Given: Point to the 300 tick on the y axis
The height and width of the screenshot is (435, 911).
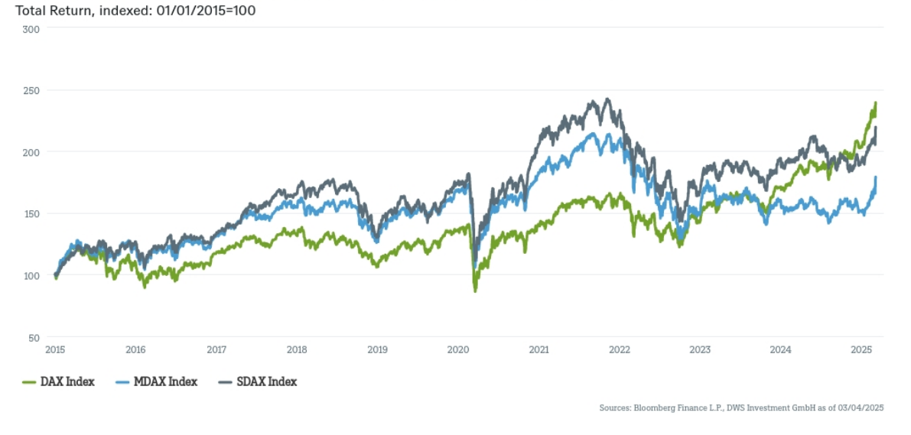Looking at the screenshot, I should coord(32,28).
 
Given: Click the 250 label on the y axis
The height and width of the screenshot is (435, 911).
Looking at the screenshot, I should coord(32,90).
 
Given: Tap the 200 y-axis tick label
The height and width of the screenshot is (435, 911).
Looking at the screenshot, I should coord(32,152).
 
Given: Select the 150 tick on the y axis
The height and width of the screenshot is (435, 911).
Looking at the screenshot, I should coord(32,213).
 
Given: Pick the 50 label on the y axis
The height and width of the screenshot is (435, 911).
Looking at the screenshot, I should coord(34,337).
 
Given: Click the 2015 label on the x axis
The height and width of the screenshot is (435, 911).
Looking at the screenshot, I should coord(54,350).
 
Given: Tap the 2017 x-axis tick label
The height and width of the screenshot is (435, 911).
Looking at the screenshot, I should coord(216,350).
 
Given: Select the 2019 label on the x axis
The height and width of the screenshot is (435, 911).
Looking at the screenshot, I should coord(377,350).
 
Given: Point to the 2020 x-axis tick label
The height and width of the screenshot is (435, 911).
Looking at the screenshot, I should coord(457,350).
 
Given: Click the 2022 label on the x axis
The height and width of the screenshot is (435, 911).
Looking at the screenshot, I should coord(619,350).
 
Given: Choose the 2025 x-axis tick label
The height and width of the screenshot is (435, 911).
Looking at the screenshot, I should coord(861,350).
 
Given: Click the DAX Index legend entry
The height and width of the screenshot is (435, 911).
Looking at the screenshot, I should coord(60,381).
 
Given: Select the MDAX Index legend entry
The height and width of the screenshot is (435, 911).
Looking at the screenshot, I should coord(156,381).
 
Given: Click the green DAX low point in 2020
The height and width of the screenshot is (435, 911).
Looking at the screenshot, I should coord(475,291).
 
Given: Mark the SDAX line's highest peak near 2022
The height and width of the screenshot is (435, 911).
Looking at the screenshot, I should coord(607,99).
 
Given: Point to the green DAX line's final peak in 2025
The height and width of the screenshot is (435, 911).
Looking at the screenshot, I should coord(875,102).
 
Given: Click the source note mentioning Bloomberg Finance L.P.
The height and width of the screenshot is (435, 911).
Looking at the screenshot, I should coord(741,408).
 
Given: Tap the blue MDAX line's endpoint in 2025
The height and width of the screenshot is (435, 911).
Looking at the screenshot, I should coord(876,177).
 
